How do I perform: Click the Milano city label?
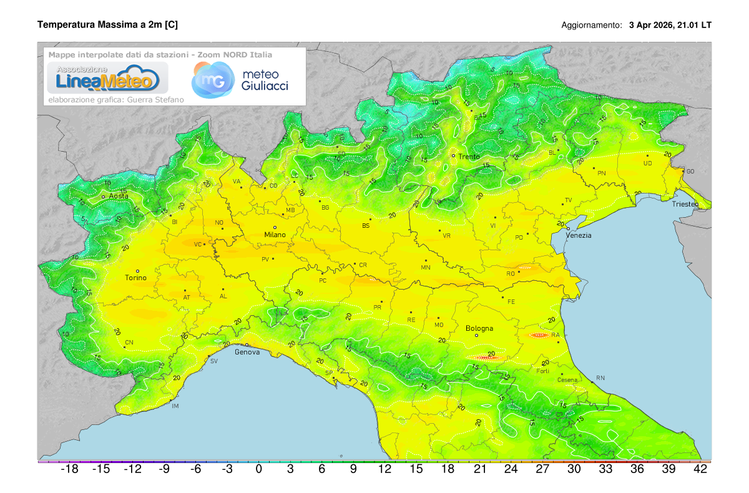(x=275, y=235)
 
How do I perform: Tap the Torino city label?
(x=135, y=278)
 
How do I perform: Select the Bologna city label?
(x=479, y=328)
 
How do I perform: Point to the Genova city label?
(x=247, y=352)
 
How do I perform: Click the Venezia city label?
(x=579, y=235)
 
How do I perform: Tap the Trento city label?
(x=469, y=157)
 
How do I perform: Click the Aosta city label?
(x=119, y=196)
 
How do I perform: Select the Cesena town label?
(x=550, y=380)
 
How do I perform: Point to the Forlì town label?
(x=543, y=371)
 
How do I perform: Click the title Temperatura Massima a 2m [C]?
(x=107, y=24)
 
